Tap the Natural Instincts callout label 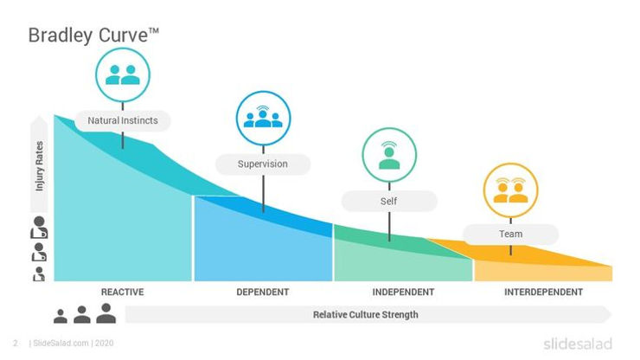[x=123, y=120]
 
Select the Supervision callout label [x=263, y=163]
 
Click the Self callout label [x=388, y=202]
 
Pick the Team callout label [x=510, y=235]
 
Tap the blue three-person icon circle [x=263, y=118]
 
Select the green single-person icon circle [x=388, y=156]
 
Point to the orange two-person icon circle [x=510, y=190]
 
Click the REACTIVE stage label [x=122, y=292]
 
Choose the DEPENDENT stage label [x=263, y=292]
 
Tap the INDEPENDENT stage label [x=403, y=292]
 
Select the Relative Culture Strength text [x=365, y=314]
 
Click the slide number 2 [x=15, y=344]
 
